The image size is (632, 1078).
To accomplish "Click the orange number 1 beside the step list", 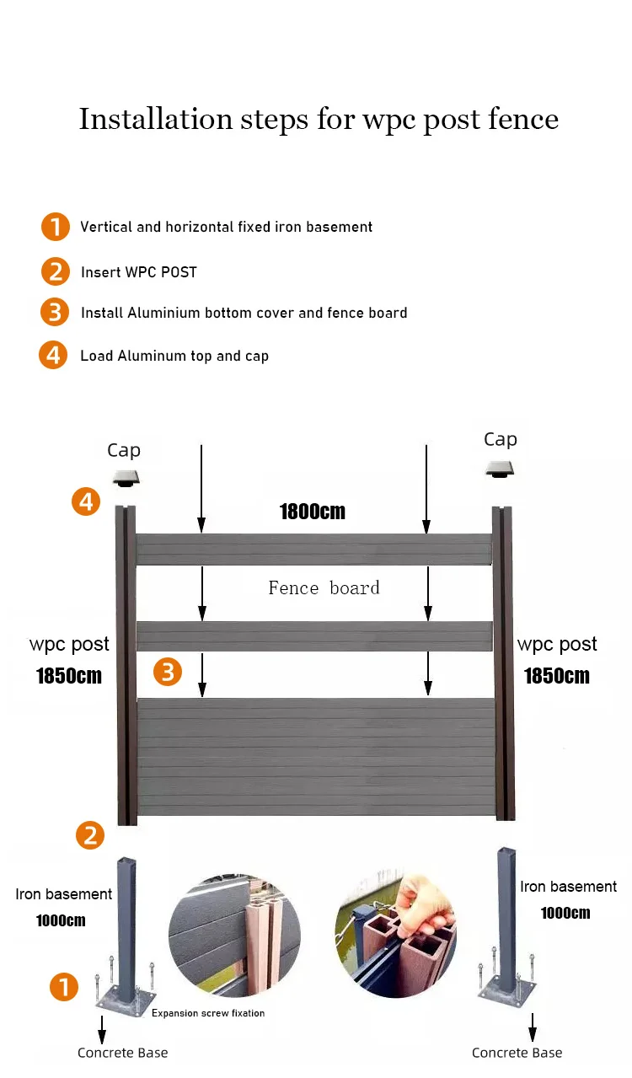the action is coord(55,227).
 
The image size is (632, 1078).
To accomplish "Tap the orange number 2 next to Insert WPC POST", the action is coord(55,271).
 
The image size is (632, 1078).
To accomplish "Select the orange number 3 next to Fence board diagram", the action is coord(168,672).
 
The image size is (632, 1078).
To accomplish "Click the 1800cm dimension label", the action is coord(313,512).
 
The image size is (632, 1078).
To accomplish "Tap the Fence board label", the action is coord(324,588).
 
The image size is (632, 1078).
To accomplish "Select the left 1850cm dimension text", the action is coord(69,676).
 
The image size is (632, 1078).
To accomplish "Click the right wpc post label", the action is coord(557,645).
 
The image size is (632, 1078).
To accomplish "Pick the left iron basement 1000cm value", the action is coord(61,920).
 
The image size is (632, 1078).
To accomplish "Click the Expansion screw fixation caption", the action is coord(208,1013).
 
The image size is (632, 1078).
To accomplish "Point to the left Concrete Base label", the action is coord(123,1053).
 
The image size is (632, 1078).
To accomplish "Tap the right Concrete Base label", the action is coord(517,1053).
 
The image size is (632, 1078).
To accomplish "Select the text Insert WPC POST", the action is coord(139,272).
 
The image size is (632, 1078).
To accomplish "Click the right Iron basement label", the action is coord(568,887).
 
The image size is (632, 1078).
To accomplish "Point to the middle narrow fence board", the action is coord(314,636).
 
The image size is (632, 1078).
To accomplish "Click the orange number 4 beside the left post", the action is coord(86,503).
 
